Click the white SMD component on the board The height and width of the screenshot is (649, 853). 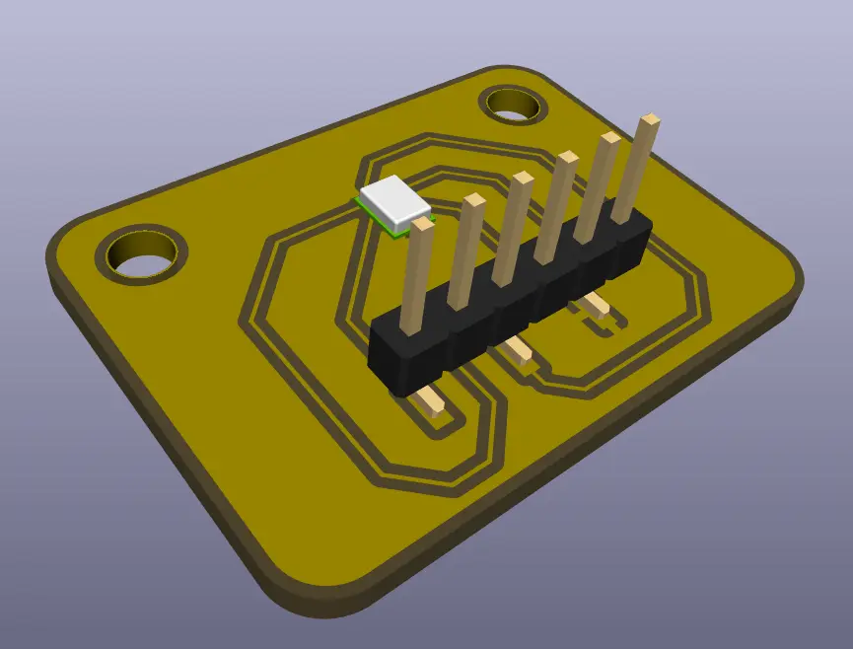[x=394, y=200]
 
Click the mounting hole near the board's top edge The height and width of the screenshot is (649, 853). [x=515, y=105]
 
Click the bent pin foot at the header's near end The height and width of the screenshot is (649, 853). [x=431, y=401]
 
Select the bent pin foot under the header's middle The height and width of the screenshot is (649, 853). [x=517, y=349]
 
